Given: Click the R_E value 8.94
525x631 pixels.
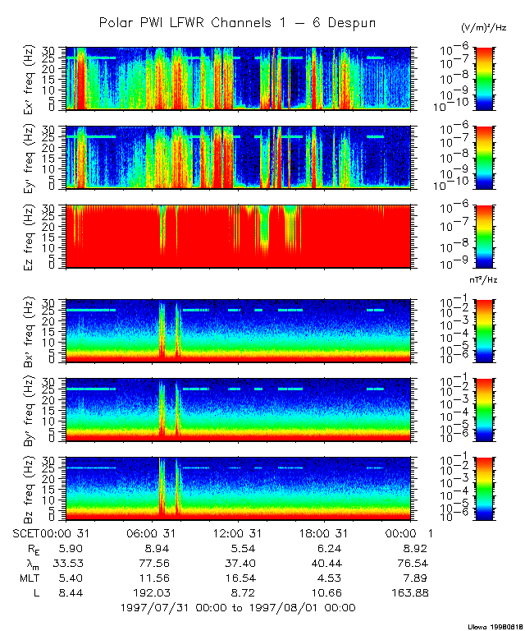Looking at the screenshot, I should point(157,547).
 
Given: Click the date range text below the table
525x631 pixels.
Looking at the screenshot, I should point(237,607).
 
